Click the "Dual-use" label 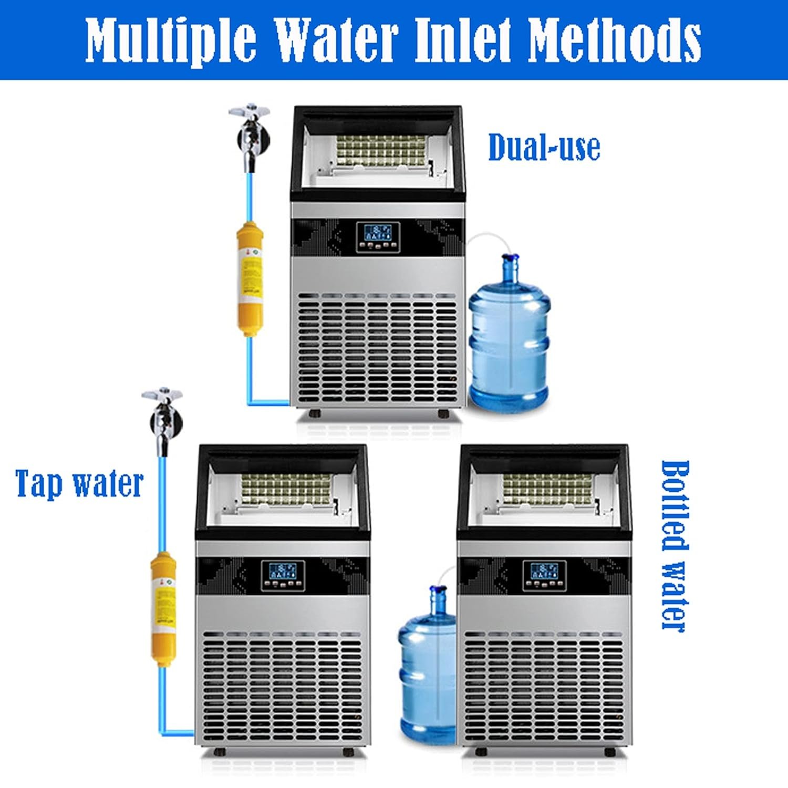point(544,148)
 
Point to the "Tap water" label point(79,483)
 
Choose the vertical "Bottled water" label point(674,546)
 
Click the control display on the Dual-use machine point(378,237)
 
